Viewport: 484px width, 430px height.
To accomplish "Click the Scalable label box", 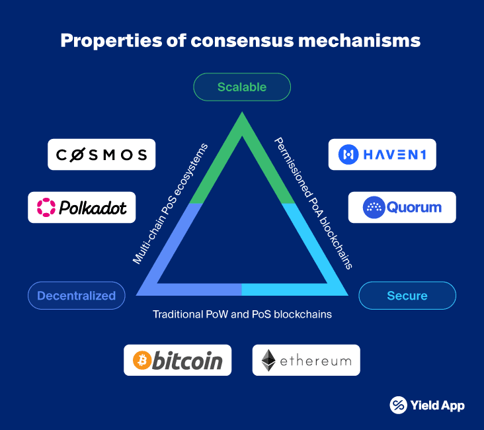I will (242, 87).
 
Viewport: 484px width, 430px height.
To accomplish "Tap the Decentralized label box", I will (76, 296).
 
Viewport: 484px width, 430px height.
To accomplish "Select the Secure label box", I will (407, 296).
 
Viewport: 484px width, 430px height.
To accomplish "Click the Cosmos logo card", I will (102, 155).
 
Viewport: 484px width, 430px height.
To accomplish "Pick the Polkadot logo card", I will (82, 207).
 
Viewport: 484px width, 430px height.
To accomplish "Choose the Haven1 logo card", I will (382, 155).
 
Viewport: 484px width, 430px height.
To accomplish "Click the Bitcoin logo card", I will (178, 360).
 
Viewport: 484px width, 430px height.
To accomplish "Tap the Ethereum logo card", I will (306, 360).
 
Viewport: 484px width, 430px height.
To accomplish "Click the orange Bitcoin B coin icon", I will (142, 361).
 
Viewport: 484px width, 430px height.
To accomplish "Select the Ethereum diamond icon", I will (268, 361).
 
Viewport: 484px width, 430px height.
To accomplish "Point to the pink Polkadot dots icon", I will (47, 207).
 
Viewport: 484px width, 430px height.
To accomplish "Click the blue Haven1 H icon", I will (348, 155).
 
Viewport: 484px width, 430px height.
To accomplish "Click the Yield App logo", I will (427, 405).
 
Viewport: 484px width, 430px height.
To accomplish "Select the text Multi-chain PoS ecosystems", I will (171, 203).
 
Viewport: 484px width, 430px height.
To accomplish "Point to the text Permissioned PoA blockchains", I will (313, 203).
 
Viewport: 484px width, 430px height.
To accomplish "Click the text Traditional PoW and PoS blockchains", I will (242, 314).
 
